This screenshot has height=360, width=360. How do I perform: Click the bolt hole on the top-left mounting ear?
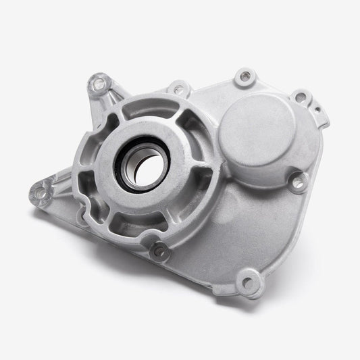click(x=99, y=84)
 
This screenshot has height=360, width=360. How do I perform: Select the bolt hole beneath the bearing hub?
click(x=159, y=251)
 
